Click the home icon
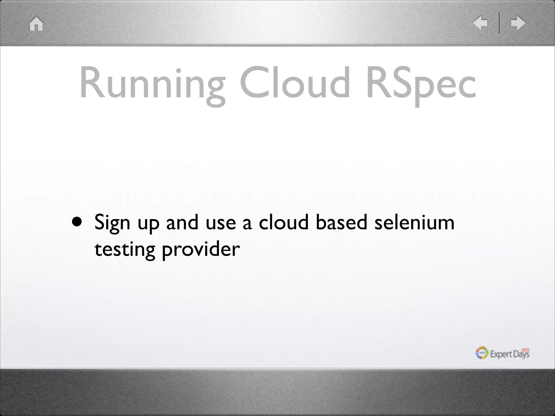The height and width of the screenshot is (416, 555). [36, 24]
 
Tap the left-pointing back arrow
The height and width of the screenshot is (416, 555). [480, 23]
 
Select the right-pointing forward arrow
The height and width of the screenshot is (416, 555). [518, 23]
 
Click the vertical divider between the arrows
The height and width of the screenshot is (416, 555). [499, 23]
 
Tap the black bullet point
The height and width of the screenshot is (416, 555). [77, 222]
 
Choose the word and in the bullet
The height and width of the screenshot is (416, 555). [182, 222]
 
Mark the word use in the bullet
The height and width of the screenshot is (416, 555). [221, 224]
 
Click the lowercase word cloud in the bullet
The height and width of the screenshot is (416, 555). [283, 222]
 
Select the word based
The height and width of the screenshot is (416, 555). [341, 222]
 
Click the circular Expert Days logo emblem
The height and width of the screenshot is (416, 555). [482, 353]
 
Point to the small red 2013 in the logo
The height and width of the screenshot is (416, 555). [525, 350]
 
